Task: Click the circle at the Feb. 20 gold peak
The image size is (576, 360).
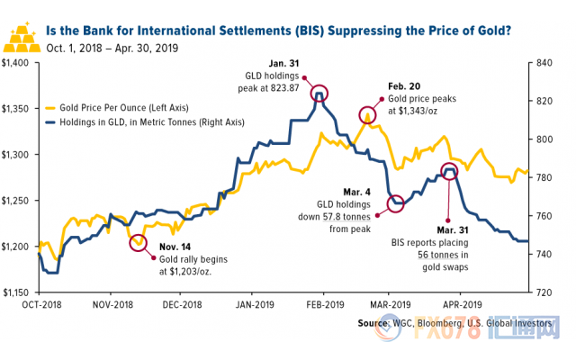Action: [367, 114]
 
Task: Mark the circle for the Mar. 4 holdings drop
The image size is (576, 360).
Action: [395, 202]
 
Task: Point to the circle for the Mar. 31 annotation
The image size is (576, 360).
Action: [450, 171]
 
